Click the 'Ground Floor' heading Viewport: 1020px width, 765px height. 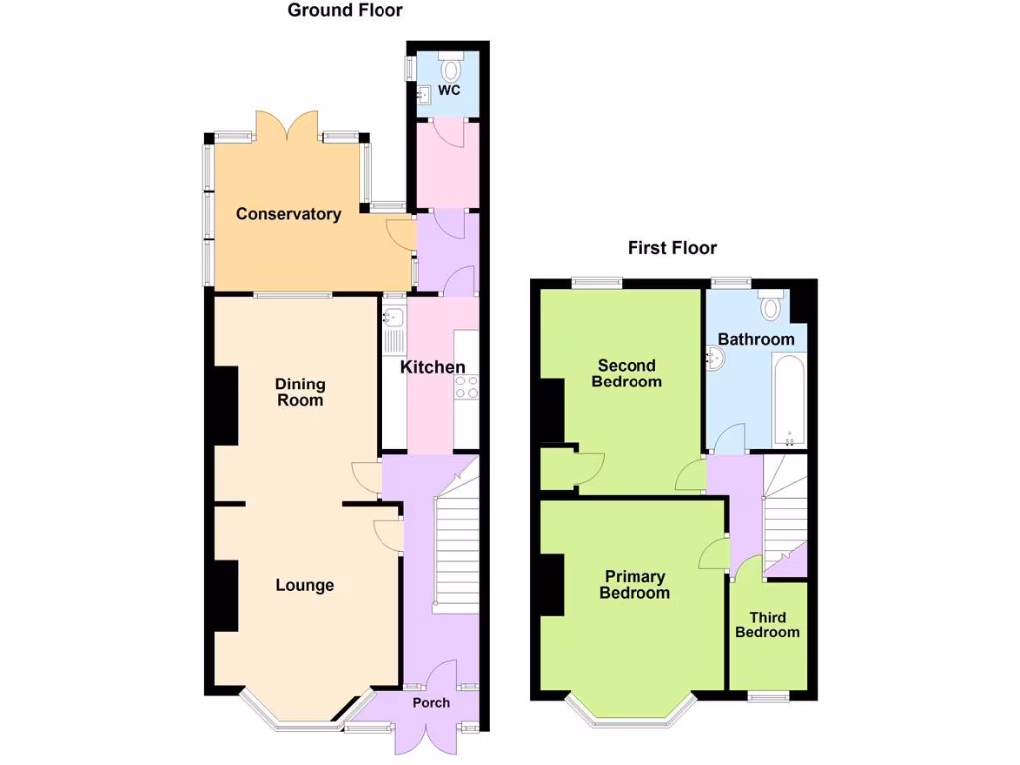[x=345, y=11]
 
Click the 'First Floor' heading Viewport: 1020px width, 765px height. [x=671, y=248]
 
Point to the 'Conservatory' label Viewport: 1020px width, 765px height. [x=288, y=214]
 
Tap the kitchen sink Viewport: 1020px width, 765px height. [x=392, y=321]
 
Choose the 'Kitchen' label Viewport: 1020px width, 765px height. [x=432, y=367]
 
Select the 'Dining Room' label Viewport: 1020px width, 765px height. [x=300, y=392]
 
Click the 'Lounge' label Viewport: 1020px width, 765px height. [x=304, y=585]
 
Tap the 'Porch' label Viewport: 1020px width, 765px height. [x=431, y=703]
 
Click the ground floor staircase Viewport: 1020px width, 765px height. [x=456, y=548]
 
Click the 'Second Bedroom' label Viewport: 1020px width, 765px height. [x=627, y=373]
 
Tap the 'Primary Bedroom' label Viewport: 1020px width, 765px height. [x=634, y=585]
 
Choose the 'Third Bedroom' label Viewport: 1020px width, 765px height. [x=767, y=625]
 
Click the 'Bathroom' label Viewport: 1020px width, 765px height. [x=756, y=339]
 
